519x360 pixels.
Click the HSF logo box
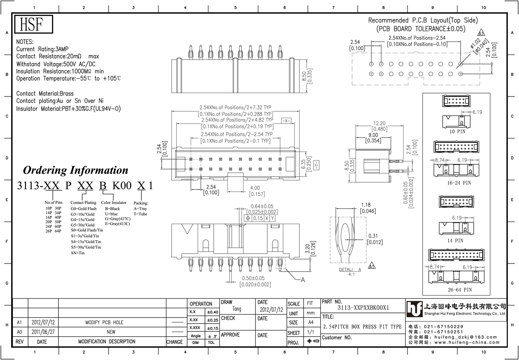tap(34, 24)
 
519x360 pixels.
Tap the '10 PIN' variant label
tap(458, 132)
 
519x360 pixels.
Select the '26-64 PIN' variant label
tap(460, 289)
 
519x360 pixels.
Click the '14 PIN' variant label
tap(455, 241)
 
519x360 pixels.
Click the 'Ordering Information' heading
tap(76, 170)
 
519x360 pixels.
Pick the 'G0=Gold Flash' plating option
tap(83, 209)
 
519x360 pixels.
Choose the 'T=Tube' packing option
tap(141, 214)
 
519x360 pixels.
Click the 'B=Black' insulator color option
tap(112, 209)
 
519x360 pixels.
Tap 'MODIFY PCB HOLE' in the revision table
tap(104, 322)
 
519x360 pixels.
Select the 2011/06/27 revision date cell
tap(43, 332)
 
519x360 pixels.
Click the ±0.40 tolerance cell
tap(213, 312)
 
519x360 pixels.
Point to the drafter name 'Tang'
tap(237, 309)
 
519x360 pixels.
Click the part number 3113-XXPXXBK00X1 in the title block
tap(363, 308)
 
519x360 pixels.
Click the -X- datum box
tap(286, 121)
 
